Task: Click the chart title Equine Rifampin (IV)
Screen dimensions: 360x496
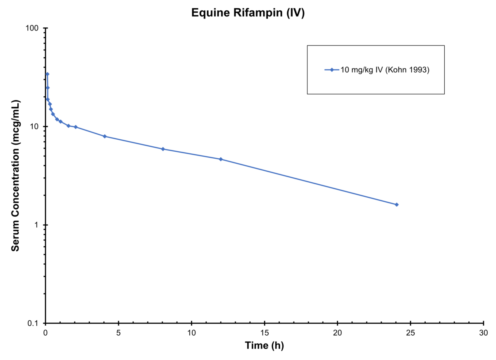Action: click(248, 13)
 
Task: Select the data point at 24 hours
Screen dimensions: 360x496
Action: click(396, 205)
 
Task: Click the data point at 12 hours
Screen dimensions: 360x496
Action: click(221, 159)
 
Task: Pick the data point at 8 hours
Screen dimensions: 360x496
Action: click(163, 149)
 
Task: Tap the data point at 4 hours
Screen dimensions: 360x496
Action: click(105, 136)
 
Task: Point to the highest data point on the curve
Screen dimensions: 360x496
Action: click(48, 74)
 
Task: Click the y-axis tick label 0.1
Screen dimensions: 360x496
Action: click(34, 323)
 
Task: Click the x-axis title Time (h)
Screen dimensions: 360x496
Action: click(264, 346)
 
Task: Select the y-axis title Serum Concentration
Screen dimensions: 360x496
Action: click(15, 176)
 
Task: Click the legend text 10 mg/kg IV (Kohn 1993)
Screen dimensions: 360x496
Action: click(385, 70)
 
